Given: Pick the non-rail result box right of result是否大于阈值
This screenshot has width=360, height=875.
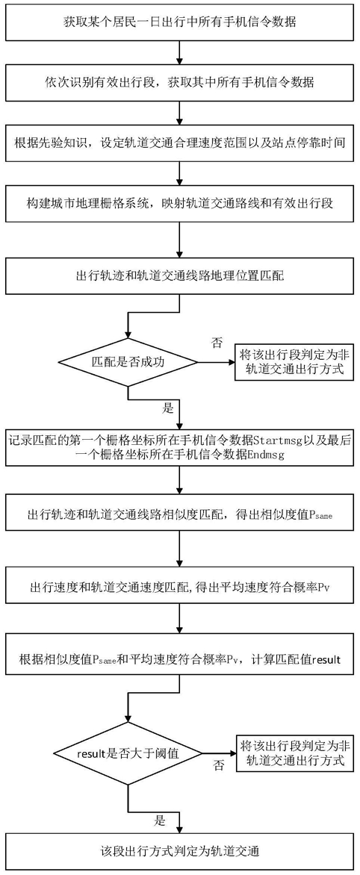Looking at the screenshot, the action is tap(295, 753).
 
